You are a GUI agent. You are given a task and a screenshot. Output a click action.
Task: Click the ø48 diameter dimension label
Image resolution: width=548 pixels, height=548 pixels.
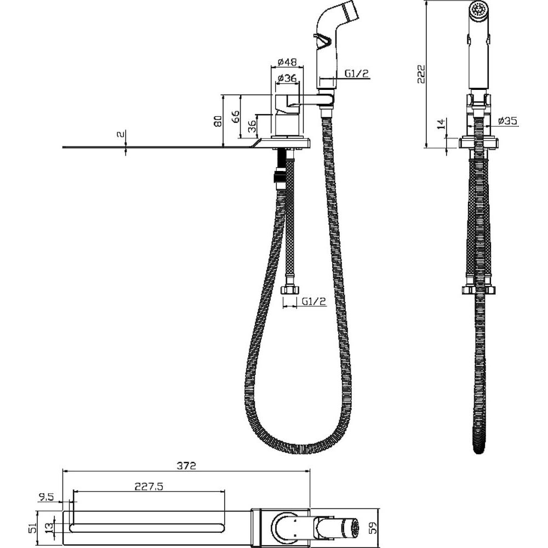click(x=287, y=62)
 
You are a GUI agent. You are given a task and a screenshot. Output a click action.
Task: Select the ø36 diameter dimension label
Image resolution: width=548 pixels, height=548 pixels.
click(x=287, y=78)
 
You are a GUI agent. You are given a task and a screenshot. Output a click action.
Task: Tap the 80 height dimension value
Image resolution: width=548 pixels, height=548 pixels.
click(x=218, y=121)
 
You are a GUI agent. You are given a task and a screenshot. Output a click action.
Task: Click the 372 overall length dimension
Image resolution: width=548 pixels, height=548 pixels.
click(x=186, y=465)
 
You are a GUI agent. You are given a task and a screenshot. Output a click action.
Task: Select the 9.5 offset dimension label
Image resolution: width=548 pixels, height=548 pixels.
click(x=46, y=497)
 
